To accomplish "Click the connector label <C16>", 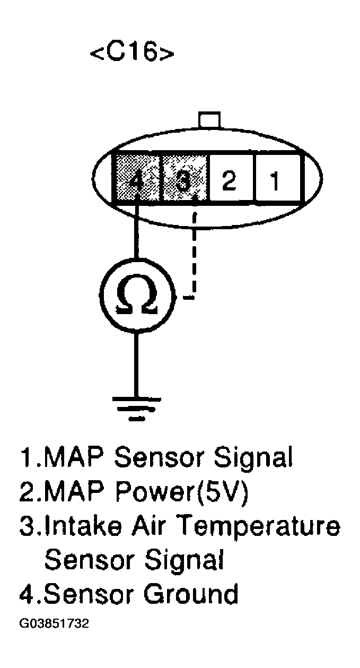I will click(x=133, y=53).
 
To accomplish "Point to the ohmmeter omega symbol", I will click(x=136, y=298).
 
